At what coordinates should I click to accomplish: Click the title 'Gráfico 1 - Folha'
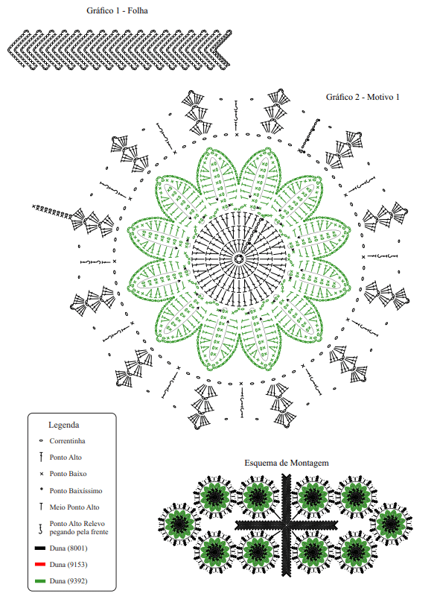117,10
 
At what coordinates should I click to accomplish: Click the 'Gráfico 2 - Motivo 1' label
363,97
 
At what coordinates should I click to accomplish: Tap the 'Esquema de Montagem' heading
287,463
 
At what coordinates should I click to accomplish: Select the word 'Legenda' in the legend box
63,425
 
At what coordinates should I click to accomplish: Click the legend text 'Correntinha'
68,440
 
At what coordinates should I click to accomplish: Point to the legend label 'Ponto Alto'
66,457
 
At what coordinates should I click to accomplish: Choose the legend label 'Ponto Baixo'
68,473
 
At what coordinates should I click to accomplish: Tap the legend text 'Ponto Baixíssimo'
76,491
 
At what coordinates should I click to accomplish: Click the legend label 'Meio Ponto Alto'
74,507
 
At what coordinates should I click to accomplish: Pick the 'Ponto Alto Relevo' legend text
77,524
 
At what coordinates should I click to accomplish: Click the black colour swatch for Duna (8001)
40,548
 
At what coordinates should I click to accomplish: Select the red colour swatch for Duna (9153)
40,565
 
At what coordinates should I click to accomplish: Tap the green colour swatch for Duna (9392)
40,581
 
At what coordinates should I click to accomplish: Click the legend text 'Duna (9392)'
68,581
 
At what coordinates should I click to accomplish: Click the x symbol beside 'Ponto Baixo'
42,474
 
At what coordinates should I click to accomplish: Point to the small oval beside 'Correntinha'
41,440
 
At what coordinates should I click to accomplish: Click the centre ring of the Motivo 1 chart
239,259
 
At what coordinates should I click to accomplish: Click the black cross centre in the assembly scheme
287,525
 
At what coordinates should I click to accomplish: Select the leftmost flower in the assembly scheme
179,523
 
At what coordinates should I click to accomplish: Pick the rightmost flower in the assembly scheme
391,523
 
